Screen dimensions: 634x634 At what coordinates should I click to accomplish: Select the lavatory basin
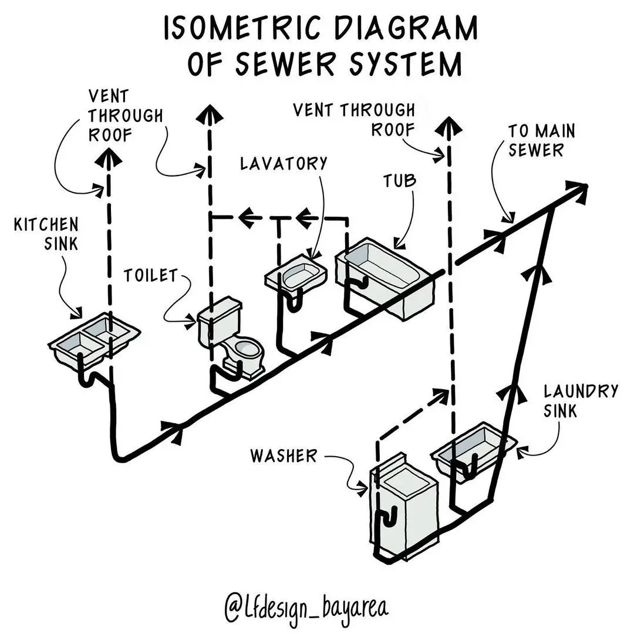click(x=296, y=274)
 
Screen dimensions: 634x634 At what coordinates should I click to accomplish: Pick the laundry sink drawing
click(x=473, y=449)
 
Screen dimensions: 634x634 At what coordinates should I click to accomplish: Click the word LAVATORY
click(x=284, y=163)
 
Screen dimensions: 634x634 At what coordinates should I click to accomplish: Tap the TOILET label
click(x=150, y=275)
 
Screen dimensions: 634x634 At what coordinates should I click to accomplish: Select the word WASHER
click(x=284, y=456)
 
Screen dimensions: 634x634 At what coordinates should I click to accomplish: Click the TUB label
click(x=400, y=181)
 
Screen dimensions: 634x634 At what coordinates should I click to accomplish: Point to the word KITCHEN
click(x=46, y=224)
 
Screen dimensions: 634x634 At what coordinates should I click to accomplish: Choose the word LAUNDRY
click(x=581, y=391)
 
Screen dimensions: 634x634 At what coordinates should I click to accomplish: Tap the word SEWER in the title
click(x=285, y=63)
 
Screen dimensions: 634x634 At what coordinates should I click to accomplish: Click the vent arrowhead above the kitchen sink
click(x=109, y=157)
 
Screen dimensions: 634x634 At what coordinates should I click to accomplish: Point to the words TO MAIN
click(x=541, y=131)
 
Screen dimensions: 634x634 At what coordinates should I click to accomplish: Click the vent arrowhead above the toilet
click(x=210, y=114)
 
